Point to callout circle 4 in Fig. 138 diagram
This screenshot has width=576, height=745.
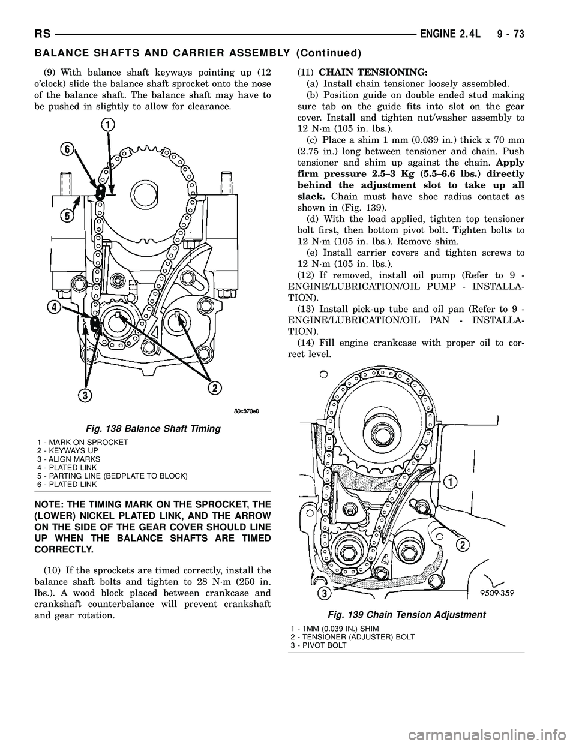(x=56, y=308)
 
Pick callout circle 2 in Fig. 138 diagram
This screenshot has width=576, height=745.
(x=212, y=389)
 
